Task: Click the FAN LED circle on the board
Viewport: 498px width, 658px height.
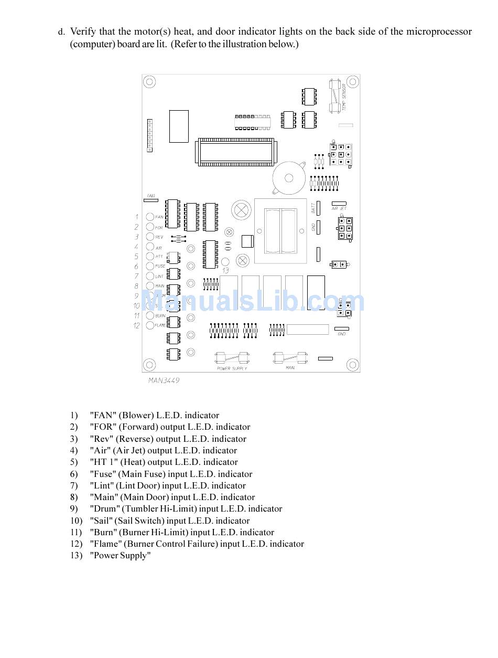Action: [x=150, y=217]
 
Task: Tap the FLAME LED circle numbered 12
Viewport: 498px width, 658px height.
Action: [x=150, y=325]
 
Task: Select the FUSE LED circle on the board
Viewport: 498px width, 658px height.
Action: [x=150, y=266]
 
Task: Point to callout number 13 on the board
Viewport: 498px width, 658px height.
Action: [x=225, y=271]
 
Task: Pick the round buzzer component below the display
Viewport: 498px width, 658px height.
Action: [x=286, y=178]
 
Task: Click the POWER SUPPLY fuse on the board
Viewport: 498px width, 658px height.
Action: [x=231, y=359]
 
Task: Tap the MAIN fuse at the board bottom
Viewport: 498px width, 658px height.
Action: [x=290, y=358]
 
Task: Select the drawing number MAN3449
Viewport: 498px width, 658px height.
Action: [x=164, y=380]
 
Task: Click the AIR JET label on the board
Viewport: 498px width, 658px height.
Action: [x=339, y=208]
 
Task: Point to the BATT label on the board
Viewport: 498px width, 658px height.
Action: [x=313, y=208]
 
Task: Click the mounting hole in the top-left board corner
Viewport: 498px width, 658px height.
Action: [x=149, y=82]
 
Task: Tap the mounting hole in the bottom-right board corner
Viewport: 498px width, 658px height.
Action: [x=353, y=365]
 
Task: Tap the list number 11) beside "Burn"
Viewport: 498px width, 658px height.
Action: [x=76, y=533]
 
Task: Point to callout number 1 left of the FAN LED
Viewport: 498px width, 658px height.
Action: [x=137, y=217]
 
